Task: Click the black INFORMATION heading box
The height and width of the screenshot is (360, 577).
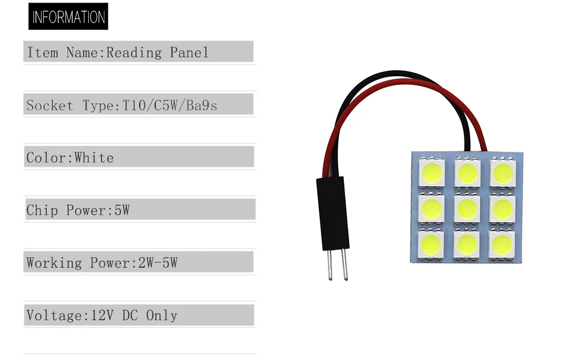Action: (x=68, y=17)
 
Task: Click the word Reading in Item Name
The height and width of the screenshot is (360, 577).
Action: (x=134, y=52)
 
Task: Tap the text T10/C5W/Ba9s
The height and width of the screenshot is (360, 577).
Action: (x=170, y=106)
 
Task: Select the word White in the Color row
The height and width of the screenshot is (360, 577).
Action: (x=94, y=158)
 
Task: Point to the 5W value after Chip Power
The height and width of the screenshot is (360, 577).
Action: (x=122, y=211)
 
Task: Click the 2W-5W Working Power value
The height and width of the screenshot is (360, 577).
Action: (x=158, y=263)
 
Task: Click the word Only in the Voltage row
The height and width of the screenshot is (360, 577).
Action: (x=162, y=316)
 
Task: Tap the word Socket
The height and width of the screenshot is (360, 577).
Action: (x=50, y=106)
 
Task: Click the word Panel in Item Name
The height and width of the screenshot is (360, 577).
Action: (x=189, y=52)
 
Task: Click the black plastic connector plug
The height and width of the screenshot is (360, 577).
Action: (x=333, y=213)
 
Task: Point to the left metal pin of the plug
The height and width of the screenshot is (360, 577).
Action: (x=329, y=265)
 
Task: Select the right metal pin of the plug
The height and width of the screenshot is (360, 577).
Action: (x=344, y=265)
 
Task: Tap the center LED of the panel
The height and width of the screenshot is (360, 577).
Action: (x=467, y=209)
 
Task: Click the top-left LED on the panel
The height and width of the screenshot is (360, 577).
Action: (x=432, y=172)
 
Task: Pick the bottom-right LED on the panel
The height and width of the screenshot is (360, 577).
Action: (x=501, y=245)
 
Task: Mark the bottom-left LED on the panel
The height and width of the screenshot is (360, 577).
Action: (x=430, y=245)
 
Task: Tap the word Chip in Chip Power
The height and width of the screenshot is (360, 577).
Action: (x=42, y=211)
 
